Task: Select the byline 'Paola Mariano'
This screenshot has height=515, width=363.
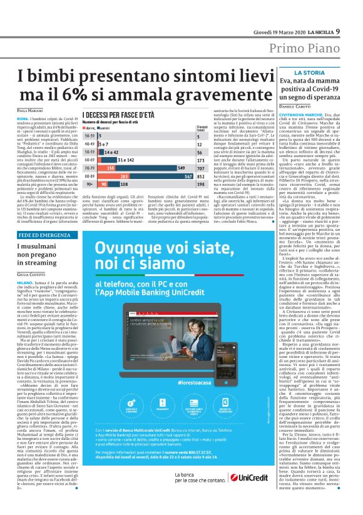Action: [x=31, y=111]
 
